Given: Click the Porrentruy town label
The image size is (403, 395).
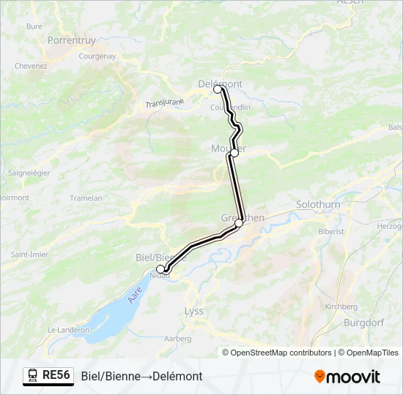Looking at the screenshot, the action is click(72, 41).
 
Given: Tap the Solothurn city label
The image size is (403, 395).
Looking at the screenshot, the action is click(318, 205).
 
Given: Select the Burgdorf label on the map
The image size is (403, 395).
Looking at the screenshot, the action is click(365, 321).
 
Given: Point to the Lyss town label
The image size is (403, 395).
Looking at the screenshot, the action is click(194, 311).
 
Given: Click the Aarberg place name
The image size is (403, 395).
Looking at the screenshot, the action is click(179, 339).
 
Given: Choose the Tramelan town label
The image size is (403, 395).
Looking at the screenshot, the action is click(86, 198).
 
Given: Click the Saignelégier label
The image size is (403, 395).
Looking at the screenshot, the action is click(29, 173).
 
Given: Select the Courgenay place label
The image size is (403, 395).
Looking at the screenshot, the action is click(97, 56).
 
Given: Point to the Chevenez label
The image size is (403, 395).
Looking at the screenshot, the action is click(31, 66).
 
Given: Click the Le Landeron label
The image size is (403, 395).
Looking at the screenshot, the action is click(68, 330).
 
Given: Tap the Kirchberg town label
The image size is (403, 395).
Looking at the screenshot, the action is click(341, 306).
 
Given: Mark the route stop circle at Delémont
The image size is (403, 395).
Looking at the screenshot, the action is click(218, 89).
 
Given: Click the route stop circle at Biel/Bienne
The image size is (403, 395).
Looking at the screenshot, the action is click(160, 269).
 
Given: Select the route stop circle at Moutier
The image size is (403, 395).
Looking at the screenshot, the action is click(234, 153).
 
